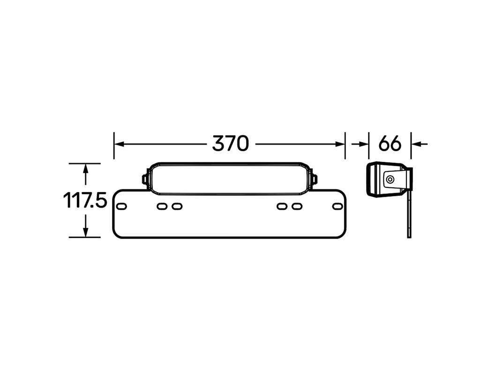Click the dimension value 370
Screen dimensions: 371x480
tap(230, 144)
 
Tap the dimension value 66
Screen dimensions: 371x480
tap(390, 144)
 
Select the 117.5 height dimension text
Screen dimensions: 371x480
tap(85, 201)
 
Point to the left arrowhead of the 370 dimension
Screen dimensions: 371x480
tap(119, 144)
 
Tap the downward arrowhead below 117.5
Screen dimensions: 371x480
tap(85, 232)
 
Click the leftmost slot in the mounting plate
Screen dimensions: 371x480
tap(122, 206)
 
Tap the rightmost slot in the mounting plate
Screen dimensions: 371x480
tap(337, 206)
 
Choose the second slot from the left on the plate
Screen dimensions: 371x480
tap(162, 206)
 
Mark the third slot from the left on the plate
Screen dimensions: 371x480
tap(176, 206)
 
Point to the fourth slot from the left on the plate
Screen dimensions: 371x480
tap(282, 206)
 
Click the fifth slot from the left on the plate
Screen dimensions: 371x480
tap(296, 206)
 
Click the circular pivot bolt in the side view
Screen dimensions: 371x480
tap(389, 179)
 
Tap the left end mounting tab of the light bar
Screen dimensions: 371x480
tap(145, 179)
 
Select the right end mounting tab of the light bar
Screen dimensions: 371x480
tap(314, 179)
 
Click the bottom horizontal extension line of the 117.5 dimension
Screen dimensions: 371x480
tap(84, 237)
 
